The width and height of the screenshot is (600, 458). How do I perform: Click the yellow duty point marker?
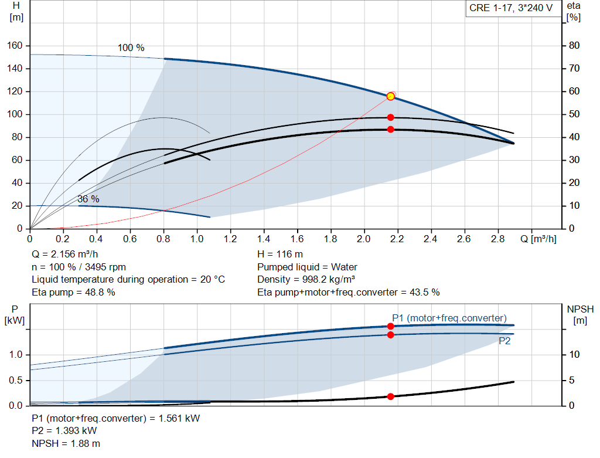[x=390, y=96]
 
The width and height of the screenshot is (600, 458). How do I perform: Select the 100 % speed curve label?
[x=131, y=48]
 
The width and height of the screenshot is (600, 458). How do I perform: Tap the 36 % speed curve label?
[x=88, y=199]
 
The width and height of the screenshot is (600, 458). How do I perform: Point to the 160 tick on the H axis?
[x=15, y=46]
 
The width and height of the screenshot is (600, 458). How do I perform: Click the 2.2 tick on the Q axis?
[x=397, y=239]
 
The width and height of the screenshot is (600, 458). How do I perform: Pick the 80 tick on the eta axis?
[x=574, y=46]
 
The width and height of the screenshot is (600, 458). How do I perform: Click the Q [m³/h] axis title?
[x=538, y=239]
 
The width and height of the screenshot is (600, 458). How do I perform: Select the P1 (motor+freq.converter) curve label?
[x=449, y=318]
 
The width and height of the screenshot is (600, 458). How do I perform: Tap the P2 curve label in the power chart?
[x=504, y=341]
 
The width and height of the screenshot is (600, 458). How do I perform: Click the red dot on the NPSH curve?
[x=390, y=397]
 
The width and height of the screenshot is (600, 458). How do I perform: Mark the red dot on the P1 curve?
[x=390, y=326]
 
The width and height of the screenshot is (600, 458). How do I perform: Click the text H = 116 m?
[x=280, y=255]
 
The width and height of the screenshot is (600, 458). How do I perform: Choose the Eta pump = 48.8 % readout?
[x=73, y=293]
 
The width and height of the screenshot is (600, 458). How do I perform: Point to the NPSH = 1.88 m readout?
[x=66, y=444]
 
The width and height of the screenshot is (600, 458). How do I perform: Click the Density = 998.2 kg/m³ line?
[x=306, y=280]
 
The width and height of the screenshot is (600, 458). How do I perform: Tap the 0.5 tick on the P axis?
[x=16, y=381]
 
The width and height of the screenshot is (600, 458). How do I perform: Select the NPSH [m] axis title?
[x=580, y=315]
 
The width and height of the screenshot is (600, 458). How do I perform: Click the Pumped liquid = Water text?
[x=307, y=267]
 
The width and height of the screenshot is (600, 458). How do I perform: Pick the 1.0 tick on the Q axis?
[x=197, y=239]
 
